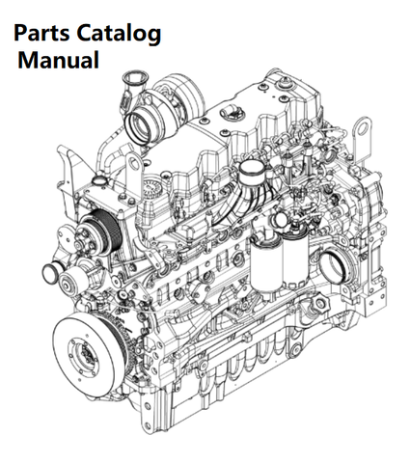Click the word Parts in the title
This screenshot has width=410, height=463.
41,33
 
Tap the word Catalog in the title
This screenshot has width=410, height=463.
119,34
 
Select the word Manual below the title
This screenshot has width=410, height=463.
59,60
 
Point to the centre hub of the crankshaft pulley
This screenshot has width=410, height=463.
85,352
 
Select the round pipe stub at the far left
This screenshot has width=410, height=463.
51,272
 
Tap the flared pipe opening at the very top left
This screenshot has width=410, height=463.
134,79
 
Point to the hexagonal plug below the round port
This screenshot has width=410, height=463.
319,303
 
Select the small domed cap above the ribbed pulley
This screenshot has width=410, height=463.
98,179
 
